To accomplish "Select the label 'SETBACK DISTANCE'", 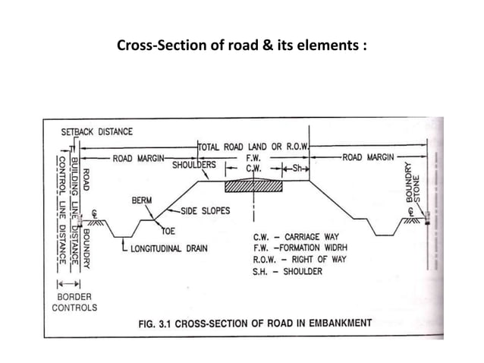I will point(96,131).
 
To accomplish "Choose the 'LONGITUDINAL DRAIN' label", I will point(165,247).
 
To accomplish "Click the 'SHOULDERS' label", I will point(194,165).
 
